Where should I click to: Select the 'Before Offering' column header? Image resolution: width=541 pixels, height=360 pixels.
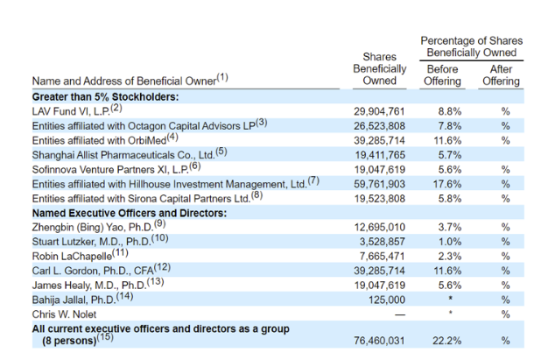[442, 75]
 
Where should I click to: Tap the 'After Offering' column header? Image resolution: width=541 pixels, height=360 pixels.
[501, 75]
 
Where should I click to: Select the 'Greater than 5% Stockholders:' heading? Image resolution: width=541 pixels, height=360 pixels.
[106, 96]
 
